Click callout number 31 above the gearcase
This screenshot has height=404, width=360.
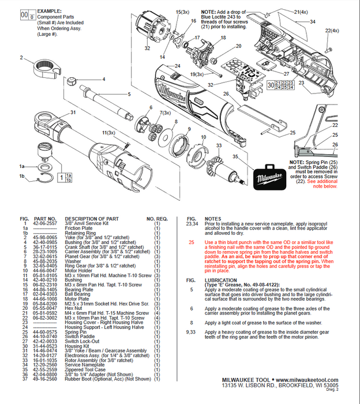click(x=73, y=113)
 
